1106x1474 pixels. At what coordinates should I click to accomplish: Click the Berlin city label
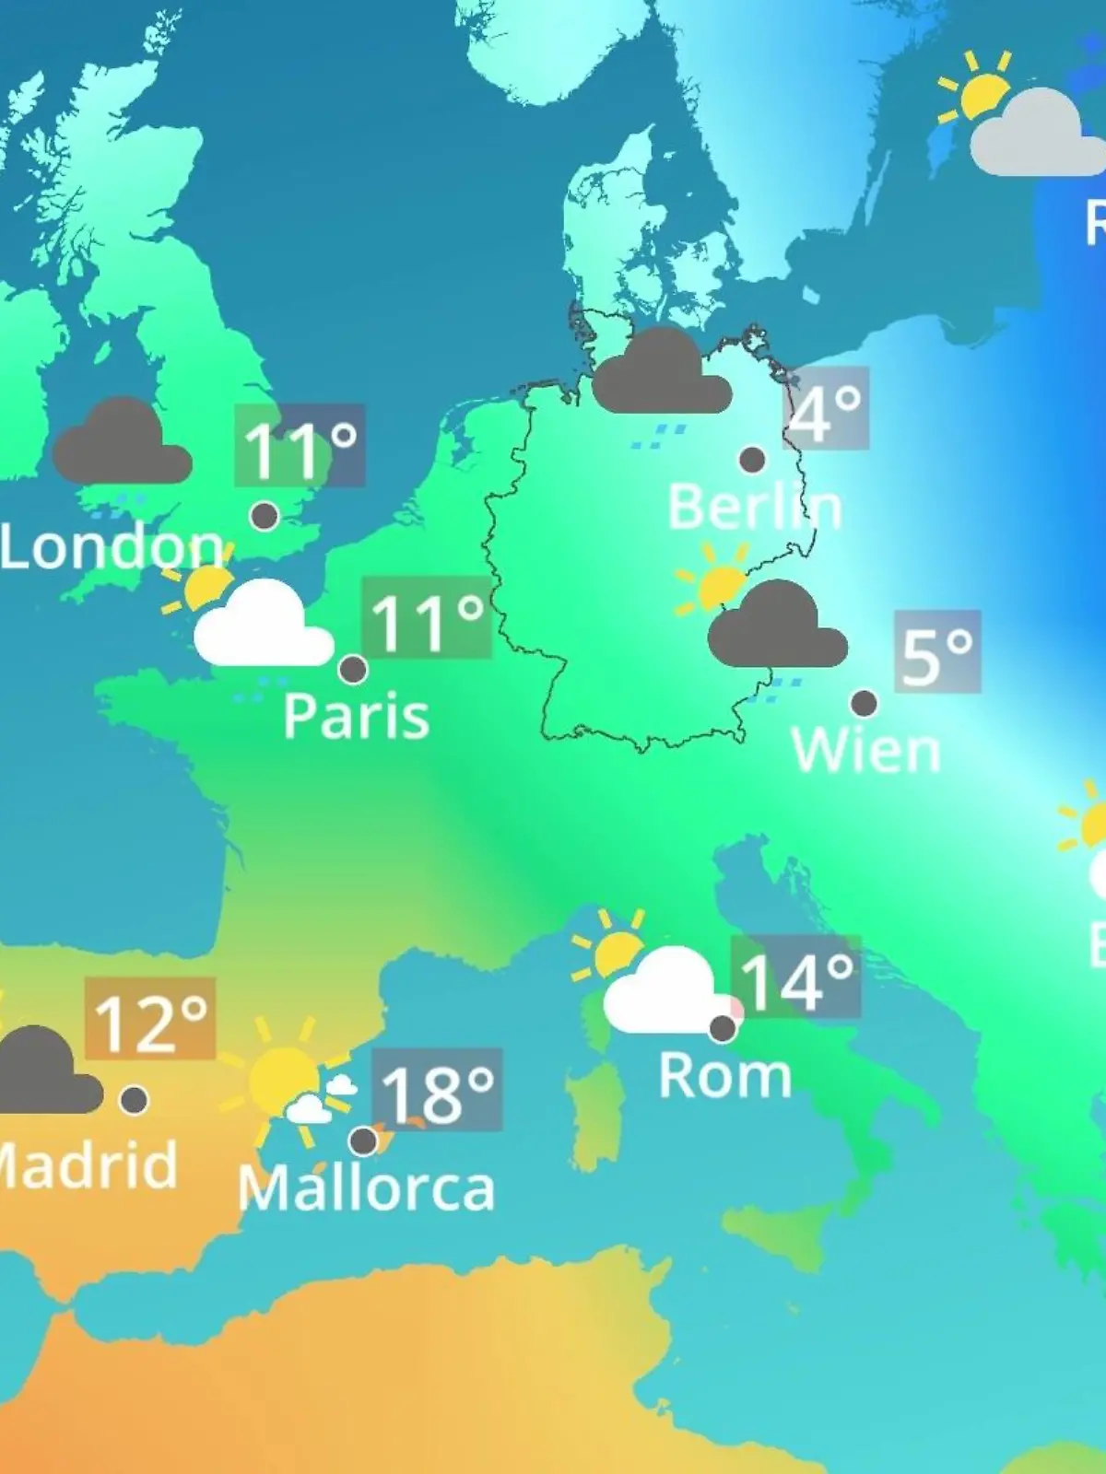pos(754,508)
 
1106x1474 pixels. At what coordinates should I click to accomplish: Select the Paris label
pos(356,716)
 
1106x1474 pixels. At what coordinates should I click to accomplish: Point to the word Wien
pos(865,751)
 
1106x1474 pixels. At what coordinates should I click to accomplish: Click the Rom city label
pos(724,1075)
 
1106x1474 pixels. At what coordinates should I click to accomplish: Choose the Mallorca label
pos(366,1188)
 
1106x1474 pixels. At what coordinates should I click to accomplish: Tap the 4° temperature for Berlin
pos(826,409)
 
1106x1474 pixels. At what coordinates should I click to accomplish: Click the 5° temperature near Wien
pos(936,652)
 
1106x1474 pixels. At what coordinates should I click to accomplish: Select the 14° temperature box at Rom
pos(795,977)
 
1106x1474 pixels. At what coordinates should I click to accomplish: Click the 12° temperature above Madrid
pos(150,1019)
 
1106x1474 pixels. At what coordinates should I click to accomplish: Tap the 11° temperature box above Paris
pos(427,618)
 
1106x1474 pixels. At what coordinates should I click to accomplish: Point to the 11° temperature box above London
pos(300,446)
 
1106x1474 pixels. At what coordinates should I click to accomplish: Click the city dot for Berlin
pos(752,459)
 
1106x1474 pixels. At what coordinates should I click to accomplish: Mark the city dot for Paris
pos(353,669)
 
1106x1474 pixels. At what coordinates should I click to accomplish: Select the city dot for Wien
pos(864,703)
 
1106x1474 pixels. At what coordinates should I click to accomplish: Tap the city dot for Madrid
pos(134,1099)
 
